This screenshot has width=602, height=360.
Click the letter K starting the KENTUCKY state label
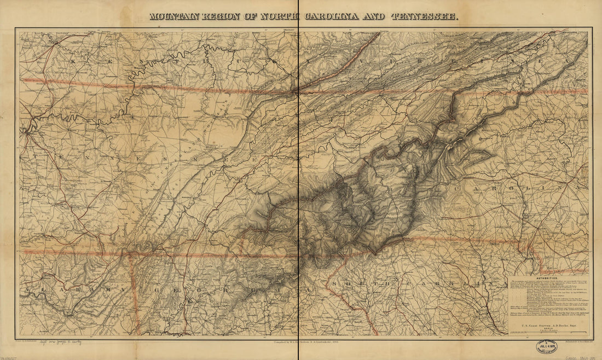point(73,61)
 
